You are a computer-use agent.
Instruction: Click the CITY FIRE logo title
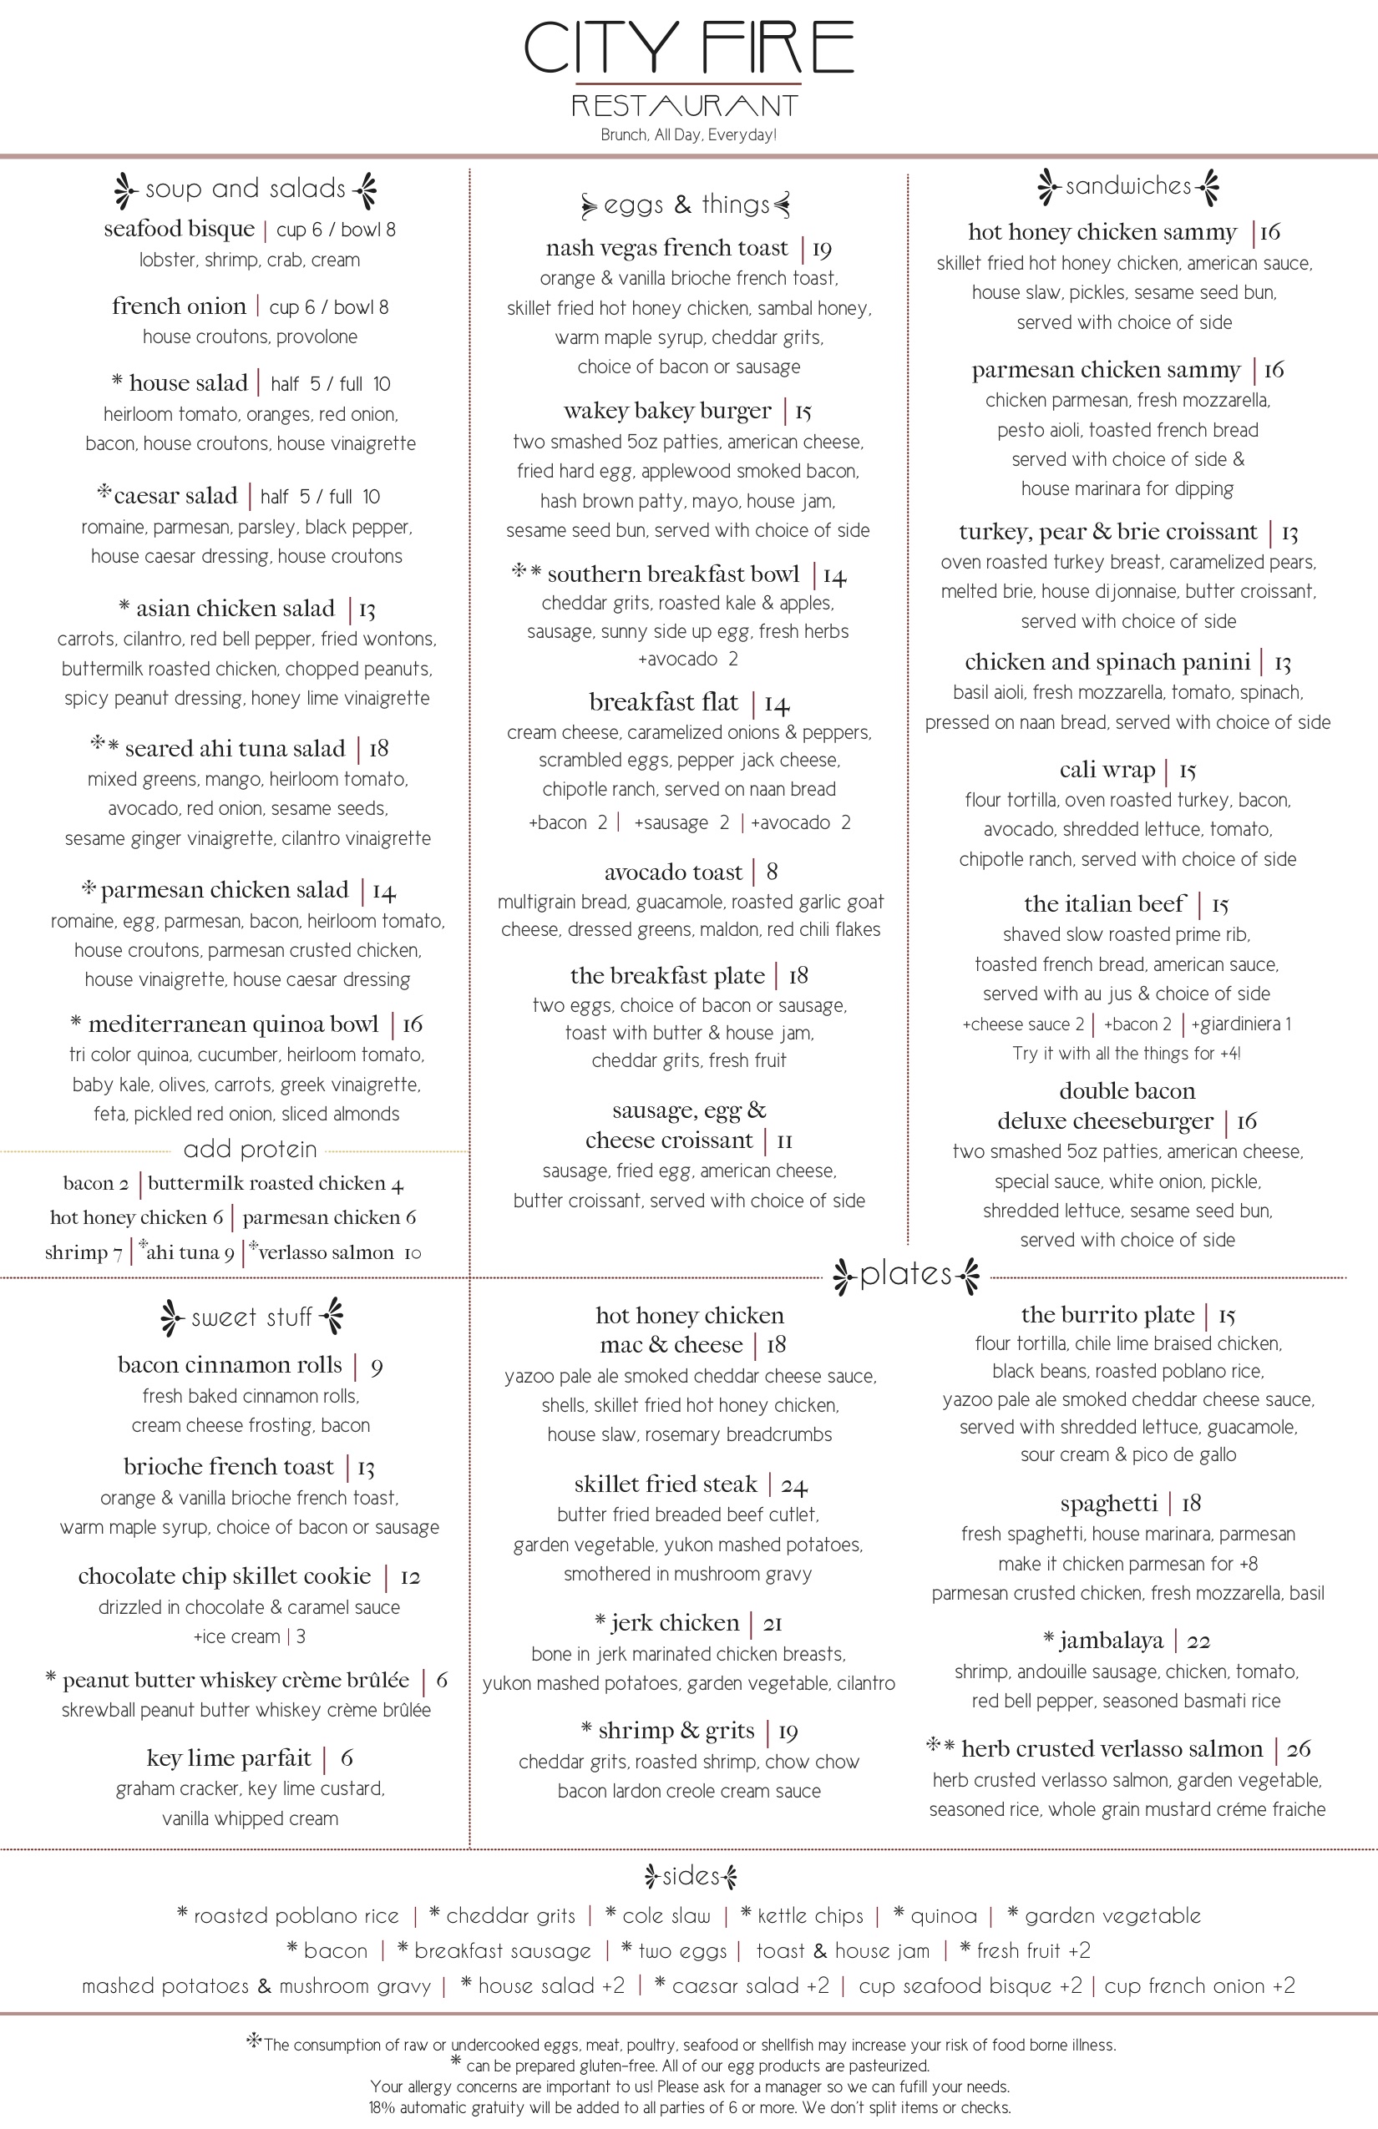point(688,48)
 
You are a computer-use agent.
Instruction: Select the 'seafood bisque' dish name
point(179,229)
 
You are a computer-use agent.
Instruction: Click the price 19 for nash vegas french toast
point(822,249)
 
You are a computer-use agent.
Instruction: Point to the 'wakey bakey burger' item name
point(666,411)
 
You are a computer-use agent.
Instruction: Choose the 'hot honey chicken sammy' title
point(1102,233)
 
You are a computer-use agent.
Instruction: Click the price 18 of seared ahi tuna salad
point(378,749)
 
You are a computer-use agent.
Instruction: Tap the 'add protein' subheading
point(250,1150)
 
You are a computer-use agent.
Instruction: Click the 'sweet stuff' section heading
point(251,1317)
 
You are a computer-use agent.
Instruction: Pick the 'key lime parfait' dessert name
point(229,1757)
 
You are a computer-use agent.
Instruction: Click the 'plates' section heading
point(905,1275)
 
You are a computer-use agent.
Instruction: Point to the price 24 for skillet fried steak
point(793,1486)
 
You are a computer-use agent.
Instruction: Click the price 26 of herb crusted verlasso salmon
point(1299,1749)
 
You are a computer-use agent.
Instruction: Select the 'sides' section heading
point(691,1876)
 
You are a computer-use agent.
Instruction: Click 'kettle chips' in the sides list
point(810,1916)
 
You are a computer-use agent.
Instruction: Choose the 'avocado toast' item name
point(673,872)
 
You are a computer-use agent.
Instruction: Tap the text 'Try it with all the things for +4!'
point(1127,1054)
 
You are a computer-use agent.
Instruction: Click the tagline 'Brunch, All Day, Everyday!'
point(688,135)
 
